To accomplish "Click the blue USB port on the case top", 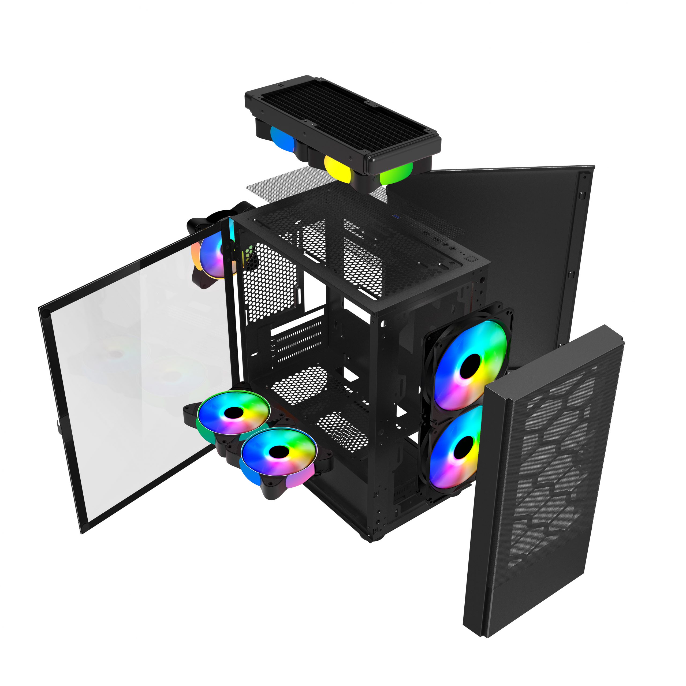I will tap(396, 216).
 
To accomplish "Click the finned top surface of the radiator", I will tap(341, 114).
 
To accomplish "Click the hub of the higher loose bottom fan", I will tap(233, 413).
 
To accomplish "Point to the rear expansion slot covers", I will tap(298, 341).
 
